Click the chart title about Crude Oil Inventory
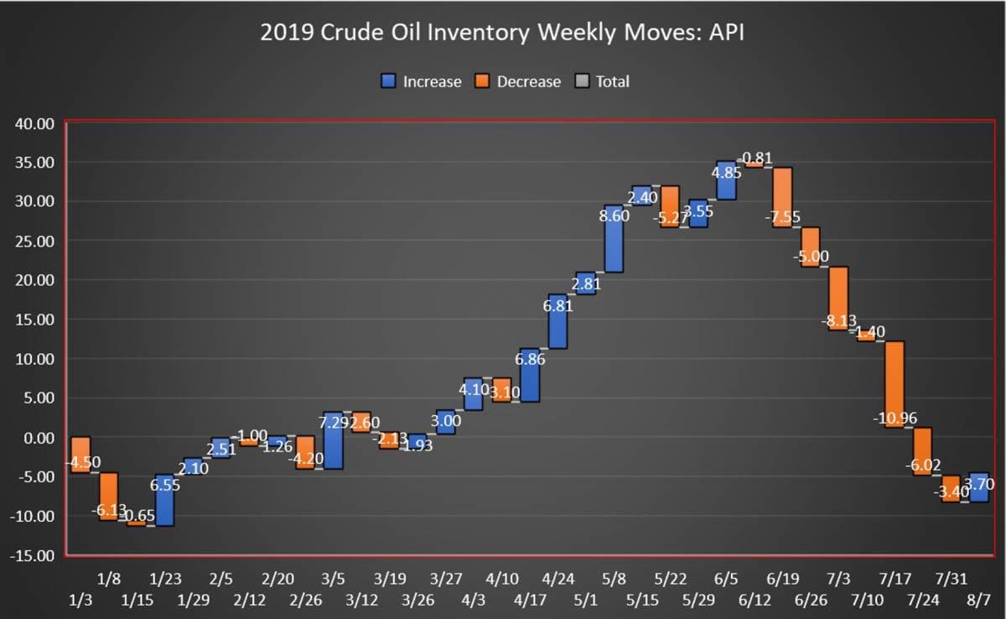pos(502,34)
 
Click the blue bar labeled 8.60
pos(614,239)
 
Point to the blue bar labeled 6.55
pos(164,500)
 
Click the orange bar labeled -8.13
pos(838,299)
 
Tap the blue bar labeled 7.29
pos(333,440)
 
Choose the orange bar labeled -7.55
pos(782,197)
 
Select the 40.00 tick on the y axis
pos(35,123)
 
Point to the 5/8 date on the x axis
pos(614,579)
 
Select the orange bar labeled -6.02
pos(922,451)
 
